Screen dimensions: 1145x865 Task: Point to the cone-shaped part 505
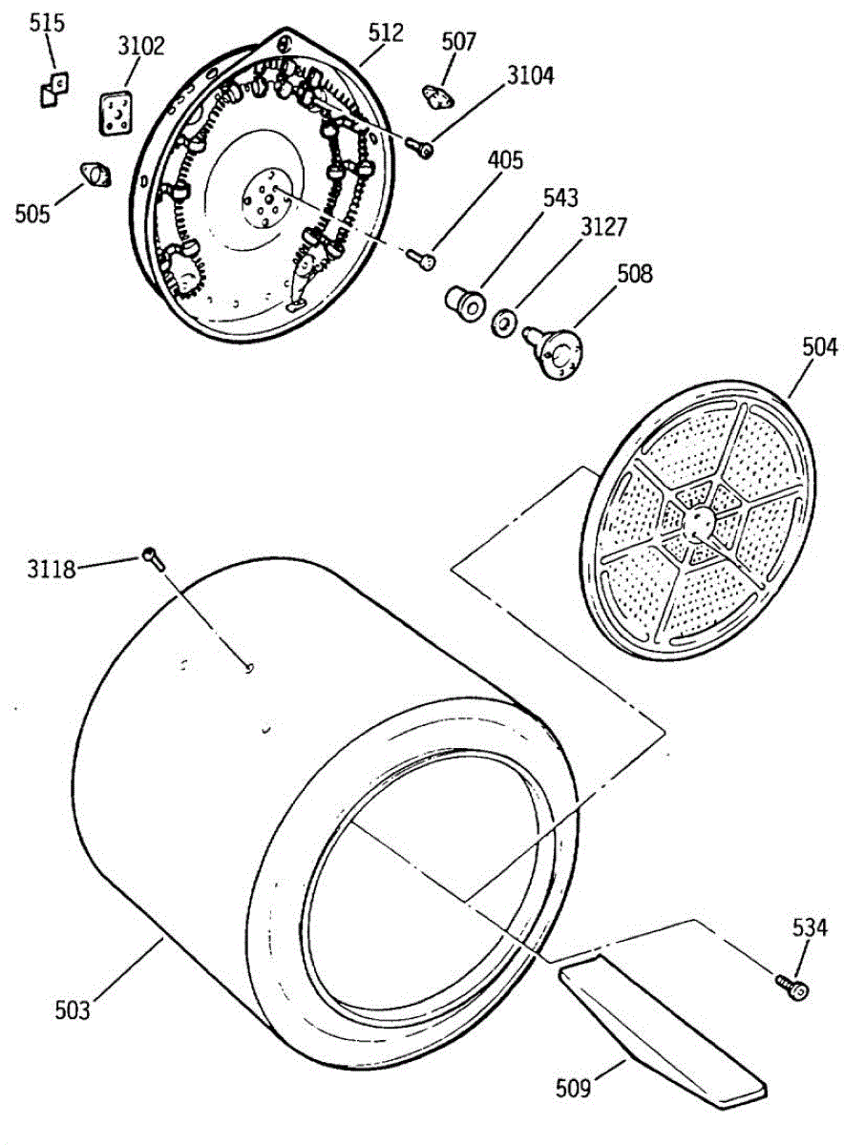point(95,175)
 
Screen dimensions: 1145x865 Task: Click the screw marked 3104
point(420,147)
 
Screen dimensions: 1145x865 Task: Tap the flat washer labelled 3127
point(503,323)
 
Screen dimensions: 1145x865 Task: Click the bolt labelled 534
point(791,988)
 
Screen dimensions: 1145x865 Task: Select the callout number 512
point(385,31)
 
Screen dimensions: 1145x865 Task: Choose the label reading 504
point(819,347)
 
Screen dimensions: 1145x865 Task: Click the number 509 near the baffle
point(574,1085)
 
